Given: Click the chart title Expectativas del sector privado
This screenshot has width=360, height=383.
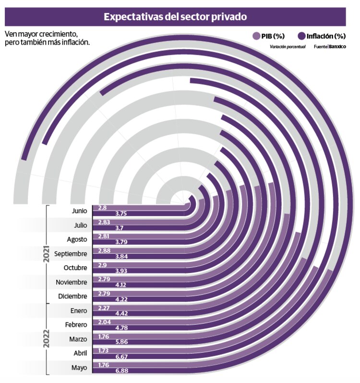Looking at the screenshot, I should (x=175, y=17).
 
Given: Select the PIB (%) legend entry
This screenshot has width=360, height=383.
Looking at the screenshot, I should (x=269, y=36).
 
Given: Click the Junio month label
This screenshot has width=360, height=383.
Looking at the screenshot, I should (x=80, y=210).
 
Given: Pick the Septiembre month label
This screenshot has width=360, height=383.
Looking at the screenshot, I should (x=71, y=254).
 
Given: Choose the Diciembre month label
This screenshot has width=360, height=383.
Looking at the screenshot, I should (x=73, y=297).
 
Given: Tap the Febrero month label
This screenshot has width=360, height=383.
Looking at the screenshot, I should (x=76, y=325).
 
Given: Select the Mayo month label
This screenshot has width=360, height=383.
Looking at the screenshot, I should (x=79, y=368).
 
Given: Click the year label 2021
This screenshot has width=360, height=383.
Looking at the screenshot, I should (x=47, y=253).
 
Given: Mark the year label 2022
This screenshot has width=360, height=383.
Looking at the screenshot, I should (x=47, y=339).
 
